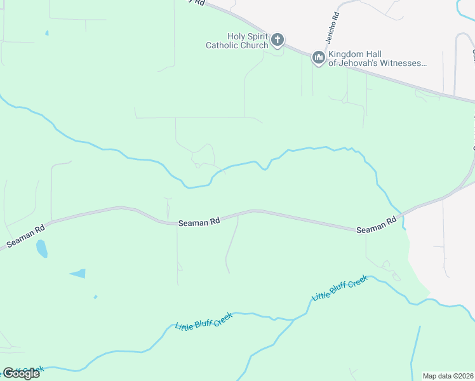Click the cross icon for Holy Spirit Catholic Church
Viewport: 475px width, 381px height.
[278, 41]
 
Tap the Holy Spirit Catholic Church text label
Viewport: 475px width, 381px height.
[236, 41]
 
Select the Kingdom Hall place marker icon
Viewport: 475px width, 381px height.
[318, 58]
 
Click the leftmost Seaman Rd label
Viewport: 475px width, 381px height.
[26, 236]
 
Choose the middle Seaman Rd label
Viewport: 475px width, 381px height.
[199, 222]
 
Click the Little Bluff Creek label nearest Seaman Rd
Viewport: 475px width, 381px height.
[340, 288]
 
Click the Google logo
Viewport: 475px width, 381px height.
[21, 373]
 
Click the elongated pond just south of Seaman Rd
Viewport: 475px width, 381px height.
[41, 248]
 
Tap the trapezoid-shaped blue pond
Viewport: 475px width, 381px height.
[78, 274]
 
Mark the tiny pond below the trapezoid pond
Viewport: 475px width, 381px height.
[95, 297]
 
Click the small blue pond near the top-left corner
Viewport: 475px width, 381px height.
[46, 33]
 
